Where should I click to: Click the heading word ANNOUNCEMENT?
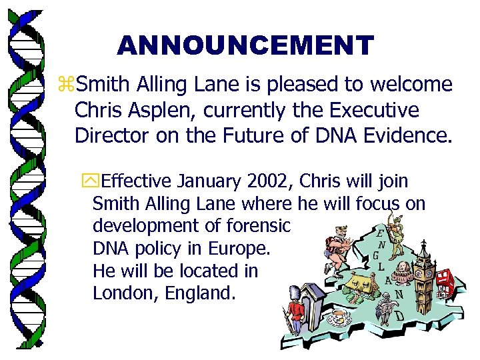pyautogui.click(x=245, y=45)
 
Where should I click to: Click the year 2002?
pyautogui.click(x=269, y=181)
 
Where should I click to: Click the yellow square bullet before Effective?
pyautogui.click(x=85, y=181)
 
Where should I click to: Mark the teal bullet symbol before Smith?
pyautogui.click(x=67, y=85)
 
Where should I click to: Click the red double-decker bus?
pyautogui.click(x=445, y=283)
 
